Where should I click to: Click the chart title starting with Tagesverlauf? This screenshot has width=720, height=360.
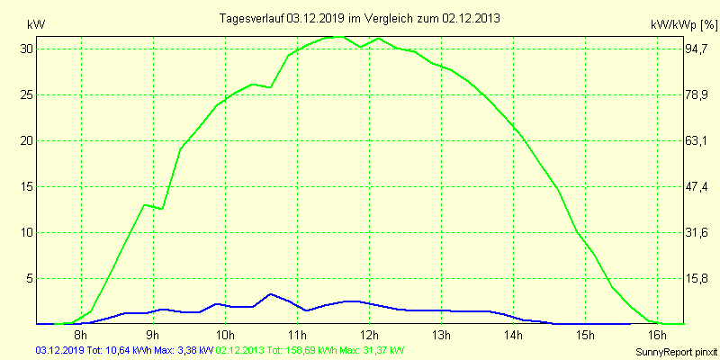pos(360,18)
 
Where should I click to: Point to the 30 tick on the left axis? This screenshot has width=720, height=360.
pos(26,49)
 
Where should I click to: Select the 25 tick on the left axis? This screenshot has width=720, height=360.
pos(26,94)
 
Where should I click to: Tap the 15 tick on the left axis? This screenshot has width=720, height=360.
pos(26,186)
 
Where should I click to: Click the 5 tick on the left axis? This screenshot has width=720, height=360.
pos(29,278)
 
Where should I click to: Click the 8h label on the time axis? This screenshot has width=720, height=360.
pos(80,336)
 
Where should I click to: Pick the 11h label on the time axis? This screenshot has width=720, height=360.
pos(297,336)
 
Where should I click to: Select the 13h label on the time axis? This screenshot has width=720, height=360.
pos(441,336)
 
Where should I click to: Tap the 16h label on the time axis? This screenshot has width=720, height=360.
pos(658,336)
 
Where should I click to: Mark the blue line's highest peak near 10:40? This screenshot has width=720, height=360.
pos(270,294)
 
